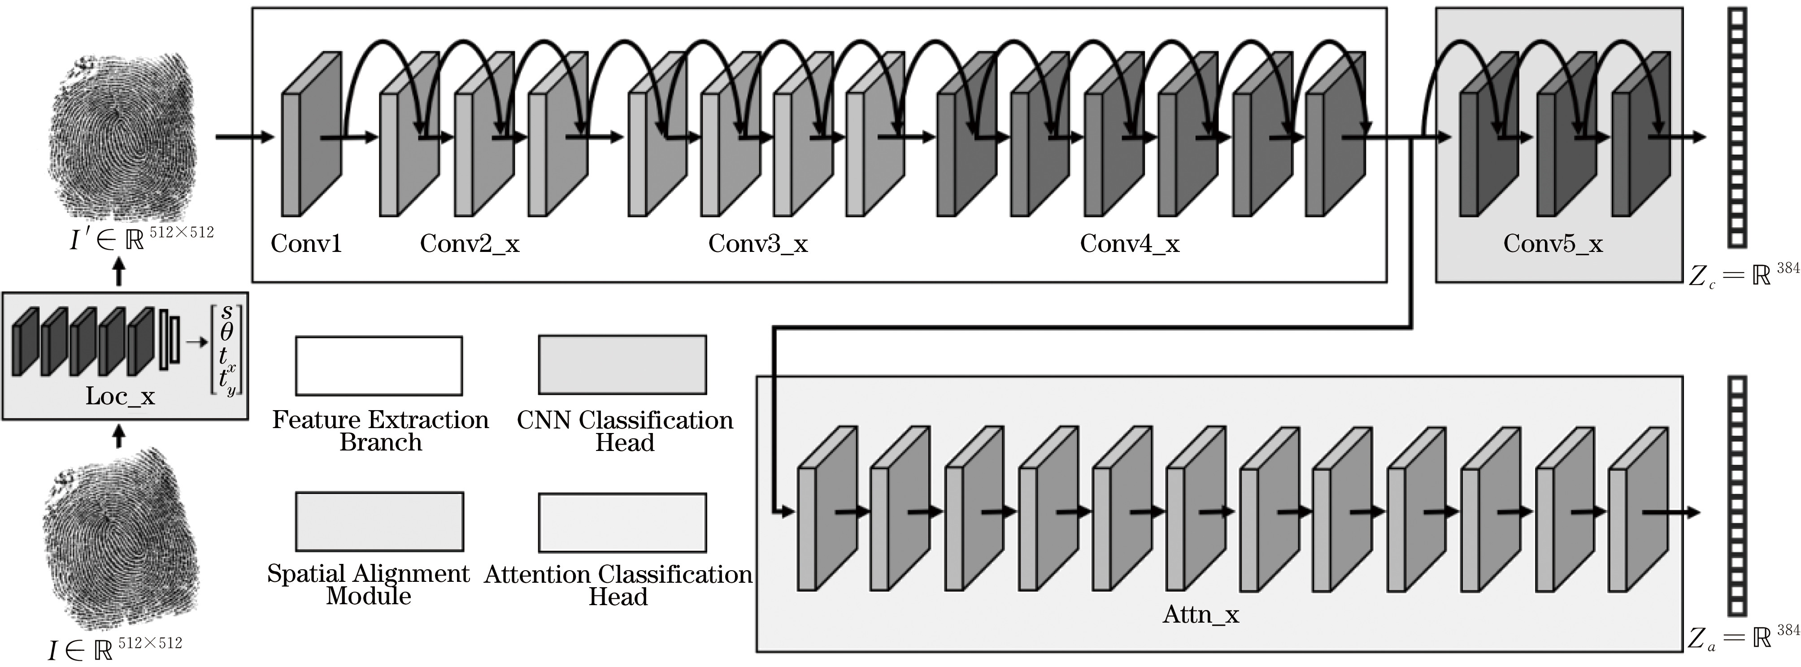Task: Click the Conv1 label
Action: pyautogui.click(x=306, y=243)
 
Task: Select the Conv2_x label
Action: pyautogui.click(x=469, y=244)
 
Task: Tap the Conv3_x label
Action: pyautogui.click(x=758, y=244)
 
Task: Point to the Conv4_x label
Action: pyautogui.click(x=1129, y=244)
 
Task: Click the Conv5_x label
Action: pyautogui.click(x=1553, y=244)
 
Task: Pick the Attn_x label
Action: pyautogui.click(x=1201, y=615)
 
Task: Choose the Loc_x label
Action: pyautogui.click(x=120, y=396)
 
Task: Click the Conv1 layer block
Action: pyautogui.click(x=311, y=134)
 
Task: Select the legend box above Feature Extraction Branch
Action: pyautogui.click(x=379, y=366)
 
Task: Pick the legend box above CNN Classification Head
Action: pyautogui.click(x=622, y=364)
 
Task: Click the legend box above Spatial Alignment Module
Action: pyautogui.click(x=380, y=522)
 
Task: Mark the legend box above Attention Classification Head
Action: pyautogui.click(x=622, y=522)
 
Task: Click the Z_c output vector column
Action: pyautogui.click(x=1737, y=127)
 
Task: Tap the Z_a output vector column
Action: pyautogui.click(x=1737, y=496)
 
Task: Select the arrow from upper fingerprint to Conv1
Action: pyautogui.click(x=245, y=136)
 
